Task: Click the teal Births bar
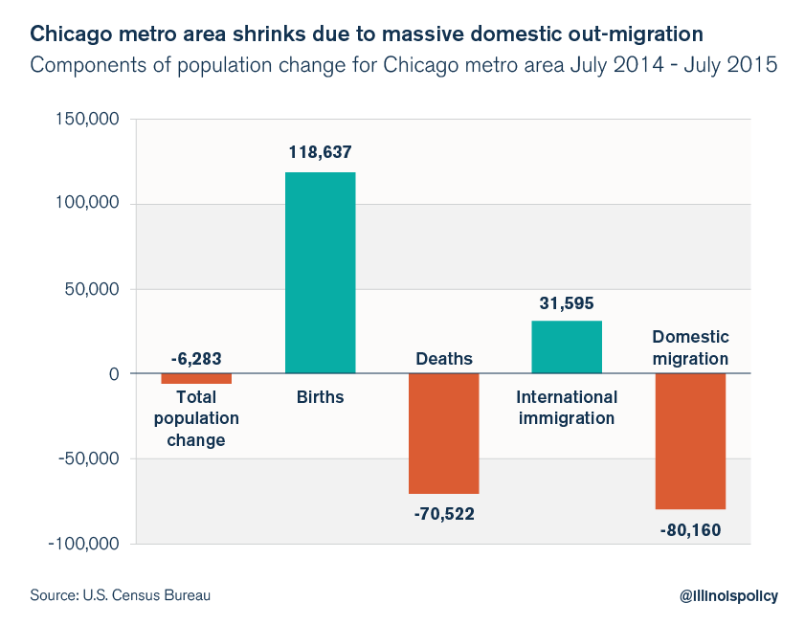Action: [x=320, y=273]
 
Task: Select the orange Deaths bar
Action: [x=443, y=434]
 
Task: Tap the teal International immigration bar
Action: [x=567, y=346]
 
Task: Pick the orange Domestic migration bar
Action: [x=690, y=441]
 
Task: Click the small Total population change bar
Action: [x=196, y=379]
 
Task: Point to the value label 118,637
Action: [x=320, y=151]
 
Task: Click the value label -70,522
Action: [x=443, y=514]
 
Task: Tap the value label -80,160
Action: [x=690, y=529]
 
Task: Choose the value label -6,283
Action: [x=196, y=359]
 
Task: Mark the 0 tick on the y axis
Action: [x=112, y=374]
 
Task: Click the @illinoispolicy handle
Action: [x=728, y=595]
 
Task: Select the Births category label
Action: [x=320, y=396]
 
